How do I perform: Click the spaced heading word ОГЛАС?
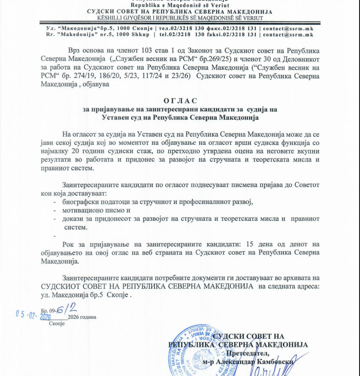coord(180,100)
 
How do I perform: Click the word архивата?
coord(293,277)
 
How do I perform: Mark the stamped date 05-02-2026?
coord(33,315)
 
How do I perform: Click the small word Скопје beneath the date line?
coord(57,324)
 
